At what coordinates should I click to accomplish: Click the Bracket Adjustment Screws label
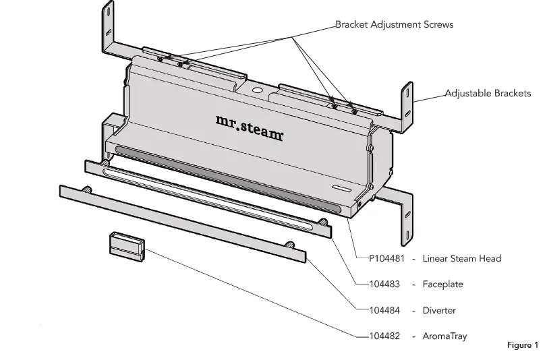tap(395, 25)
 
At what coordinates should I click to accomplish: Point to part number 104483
tap(384, 284)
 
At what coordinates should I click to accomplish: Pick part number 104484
tap(384, 311)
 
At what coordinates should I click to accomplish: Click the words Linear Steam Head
tap(461, 258)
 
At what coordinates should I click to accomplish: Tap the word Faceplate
tap(442, 284)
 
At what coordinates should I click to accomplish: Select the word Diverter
tap(439, 311)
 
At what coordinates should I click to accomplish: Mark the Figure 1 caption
tap(522, 345)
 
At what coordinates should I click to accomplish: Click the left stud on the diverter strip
tap(86, 191)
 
